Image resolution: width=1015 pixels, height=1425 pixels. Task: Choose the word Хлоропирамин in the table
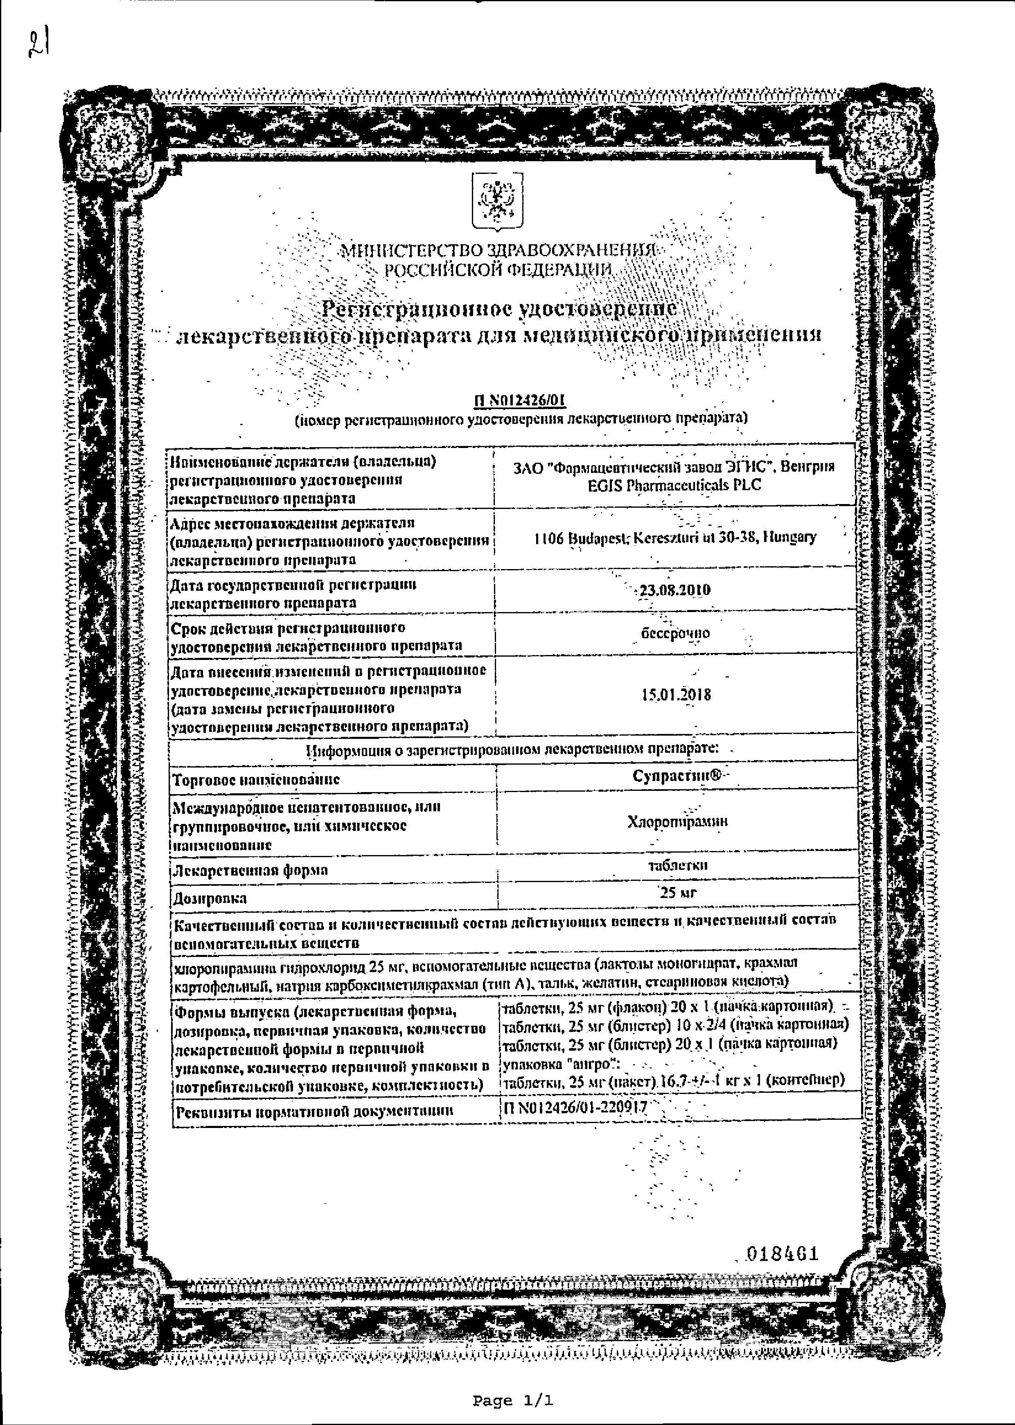(x=677, y=822)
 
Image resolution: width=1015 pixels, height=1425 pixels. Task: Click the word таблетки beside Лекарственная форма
(x=677, y=865)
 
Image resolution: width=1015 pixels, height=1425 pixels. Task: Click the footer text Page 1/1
(x=512, y=1401)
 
